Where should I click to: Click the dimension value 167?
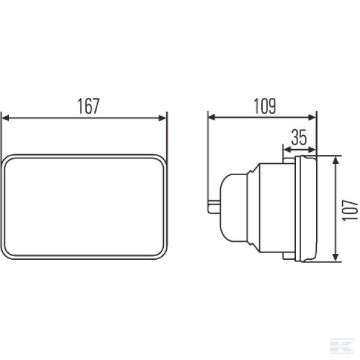point(89,106)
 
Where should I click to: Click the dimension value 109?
point(265,106)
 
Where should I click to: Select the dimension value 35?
point(299,137)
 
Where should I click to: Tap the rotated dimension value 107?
point(350,211)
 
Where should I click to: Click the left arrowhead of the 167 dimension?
point(5,118)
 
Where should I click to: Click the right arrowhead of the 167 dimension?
point(163,118)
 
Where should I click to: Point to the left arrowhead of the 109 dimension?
point(212,118)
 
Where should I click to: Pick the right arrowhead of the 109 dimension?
point(312,118)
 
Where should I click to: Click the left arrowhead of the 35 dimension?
point(287,150)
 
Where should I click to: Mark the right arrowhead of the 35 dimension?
point(313,150)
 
